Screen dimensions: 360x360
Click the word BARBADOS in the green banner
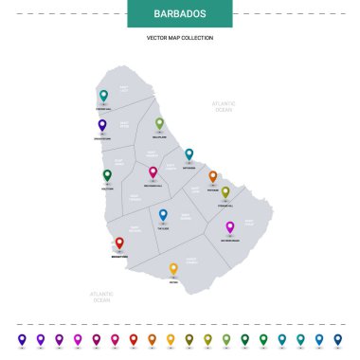pos(179,15)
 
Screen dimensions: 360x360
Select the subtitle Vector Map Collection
pos(179,38)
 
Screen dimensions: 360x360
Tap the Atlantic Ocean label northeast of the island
pos(223,106)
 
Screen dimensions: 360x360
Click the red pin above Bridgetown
pos(119,243)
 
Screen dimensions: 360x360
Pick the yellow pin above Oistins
pos(173,269)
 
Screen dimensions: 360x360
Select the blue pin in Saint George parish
pos(163,215)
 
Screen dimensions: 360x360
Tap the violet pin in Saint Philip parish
pos(229,227)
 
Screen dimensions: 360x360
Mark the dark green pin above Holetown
pos(107,175)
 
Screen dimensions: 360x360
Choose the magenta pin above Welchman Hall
pos(153,172)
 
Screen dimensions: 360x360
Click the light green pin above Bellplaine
pos(159,123)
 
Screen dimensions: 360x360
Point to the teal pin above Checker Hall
pos(103,95)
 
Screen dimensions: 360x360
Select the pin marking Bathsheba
pos(189,153)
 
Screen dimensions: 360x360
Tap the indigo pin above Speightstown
pos(102,125)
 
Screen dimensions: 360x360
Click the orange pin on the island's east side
pos(212,176)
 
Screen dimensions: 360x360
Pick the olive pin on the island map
pos(225,191)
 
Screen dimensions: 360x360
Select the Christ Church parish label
pos(192,260)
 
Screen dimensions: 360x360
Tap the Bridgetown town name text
pos(119,256)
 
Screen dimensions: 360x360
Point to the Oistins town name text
pos(173,282)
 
